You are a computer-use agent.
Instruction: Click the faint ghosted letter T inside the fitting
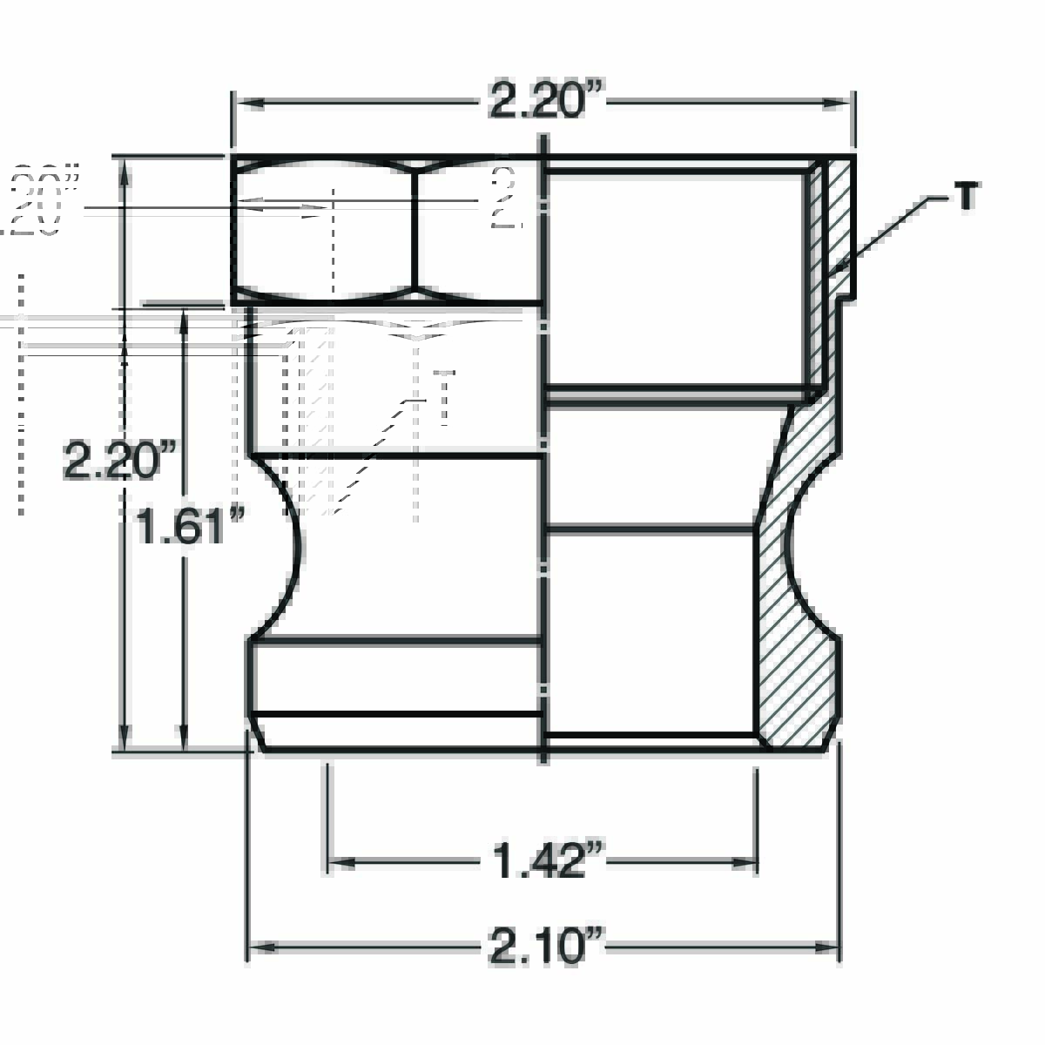[x=445, y=399]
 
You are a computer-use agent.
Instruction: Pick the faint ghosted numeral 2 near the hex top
[x=504, y=198]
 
